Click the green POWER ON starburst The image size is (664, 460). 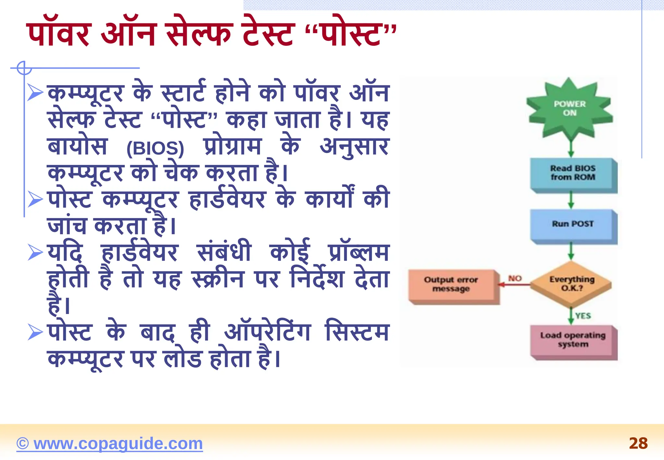pyautogui.click(x=570, y=109)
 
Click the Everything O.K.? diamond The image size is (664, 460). pyautogui.click(x=571, y=284)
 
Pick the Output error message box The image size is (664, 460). pyautogui.click(x=451, y=284)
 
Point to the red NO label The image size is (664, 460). pyautogui.click(x=515, y=278)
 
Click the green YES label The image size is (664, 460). pyautogui.click(x=583, y=316)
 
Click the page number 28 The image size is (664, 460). pyautogui.click(x=638, y=443)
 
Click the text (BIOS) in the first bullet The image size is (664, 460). pyautogui.click(x=155, y=148)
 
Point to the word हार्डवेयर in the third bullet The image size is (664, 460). pyautogui.click(x=139, y=252)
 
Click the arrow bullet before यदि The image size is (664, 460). pyautogui.click(x=35, y=252)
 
